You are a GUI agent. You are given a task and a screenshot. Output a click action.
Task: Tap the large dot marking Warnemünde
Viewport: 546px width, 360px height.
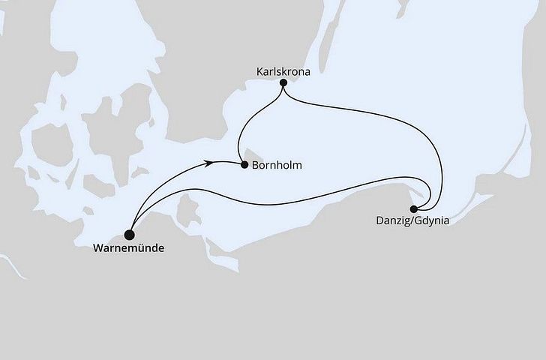tap(131, 232)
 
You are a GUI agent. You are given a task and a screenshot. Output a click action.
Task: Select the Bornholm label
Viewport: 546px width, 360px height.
tap(278, 166)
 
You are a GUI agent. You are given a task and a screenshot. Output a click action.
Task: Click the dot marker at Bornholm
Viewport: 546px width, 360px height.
tap(244, 165)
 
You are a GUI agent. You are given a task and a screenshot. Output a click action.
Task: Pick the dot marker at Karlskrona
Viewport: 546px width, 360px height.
tap(283, 82)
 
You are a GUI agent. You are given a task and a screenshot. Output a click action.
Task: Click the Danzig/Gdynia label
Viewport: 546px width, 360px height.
tap(413, 221)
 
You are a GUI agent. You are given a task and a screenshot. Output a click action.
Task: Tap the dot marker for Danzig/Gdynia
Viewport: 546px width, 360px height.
tap(413, 209)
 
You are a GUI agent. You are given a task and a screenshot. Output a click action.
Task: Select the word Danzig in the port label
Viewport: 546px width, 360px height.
tap(394, 221)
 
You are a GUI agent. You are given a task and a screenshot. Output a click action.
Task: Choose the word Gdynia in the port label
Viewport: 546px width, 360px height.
tap(433, 221)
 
